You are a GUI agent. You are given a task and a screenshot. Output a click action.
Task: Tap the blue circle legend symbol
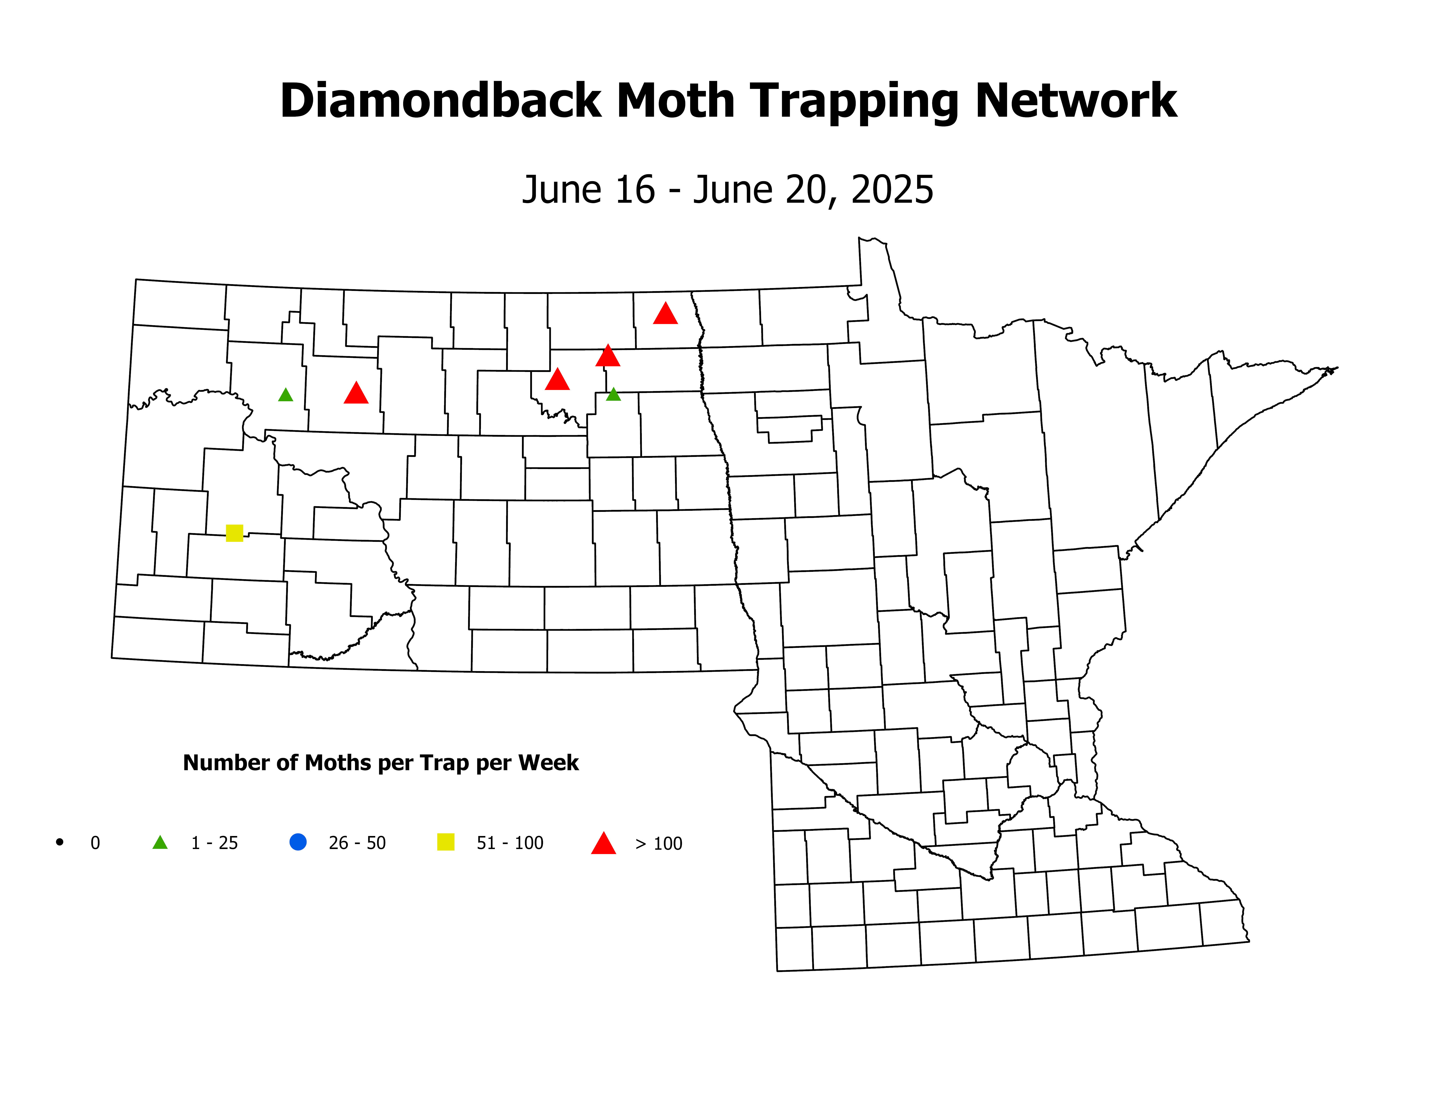(x=298, y=841)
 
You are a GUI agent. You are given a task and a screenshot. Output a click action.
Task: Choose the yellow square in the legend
(x=446, y=841)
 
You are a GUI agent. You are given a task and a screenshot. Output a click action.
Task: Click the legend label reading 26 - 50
(x=357, y=843)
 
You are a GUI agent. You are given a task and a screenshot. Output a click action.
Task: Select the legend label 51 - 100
(x=510, y=843)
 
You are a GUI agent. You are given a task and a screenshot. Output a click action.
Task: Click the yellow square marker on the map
(x=234, y=533)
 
